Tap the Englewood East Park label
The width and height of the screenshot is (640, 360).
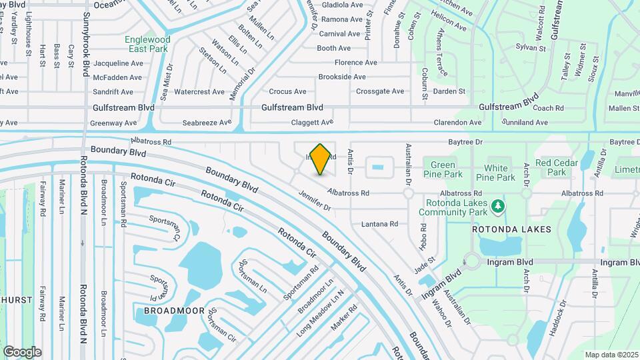[147, 44]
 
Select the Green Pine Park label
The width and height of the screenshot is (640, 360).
[443, 169]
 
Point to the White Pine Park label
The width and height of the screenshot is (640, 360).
[500, 173]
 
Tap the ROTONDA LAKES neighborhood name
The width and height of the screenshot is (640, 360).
[512, 229]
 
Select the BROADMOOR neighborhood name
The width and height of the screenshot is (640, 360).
[169, 311]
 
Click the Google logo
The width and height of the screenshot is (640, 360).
[22, 351]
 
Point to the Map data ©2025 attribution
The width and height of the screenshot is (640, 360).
[611, 355]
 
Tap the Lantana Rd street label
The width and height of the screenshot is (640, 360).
[379, 224]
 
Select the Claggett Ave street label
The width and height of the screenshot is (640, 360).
[312, 123]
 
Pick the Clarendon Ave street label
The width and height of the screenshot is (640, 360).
[457, 123]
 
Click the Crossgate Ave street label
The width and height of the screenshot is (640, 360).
[380, 91]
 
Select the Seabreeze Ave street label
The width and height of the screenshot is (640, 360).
[207, 123]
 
